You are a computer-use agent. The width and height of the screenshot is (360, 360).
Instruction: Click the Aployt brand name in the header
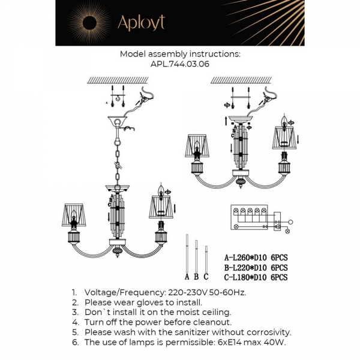[140, 23]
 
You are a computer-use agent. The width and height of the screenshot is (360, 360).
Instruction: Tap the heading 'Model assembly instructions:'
[179, 53]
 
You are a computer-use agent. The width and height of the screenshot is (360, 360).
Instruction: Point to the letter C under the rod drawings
[206, 277]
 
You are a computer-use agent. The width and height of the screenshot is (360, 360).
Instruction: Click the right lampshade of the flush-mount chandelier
[286, 137]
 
